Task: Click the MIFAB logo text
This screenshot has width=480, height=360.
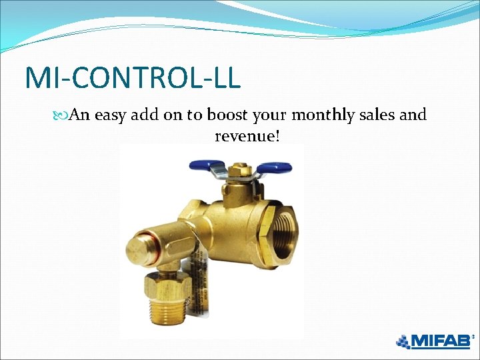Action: coord(441,341)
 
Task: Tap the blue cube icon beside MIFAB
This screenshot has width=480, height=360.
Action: coord(403,341)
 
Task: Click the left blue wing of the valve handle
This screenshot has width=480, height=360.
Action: coord(205,165)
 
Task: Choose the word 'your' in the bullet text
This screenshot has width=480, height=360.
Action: coord(269,115)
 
